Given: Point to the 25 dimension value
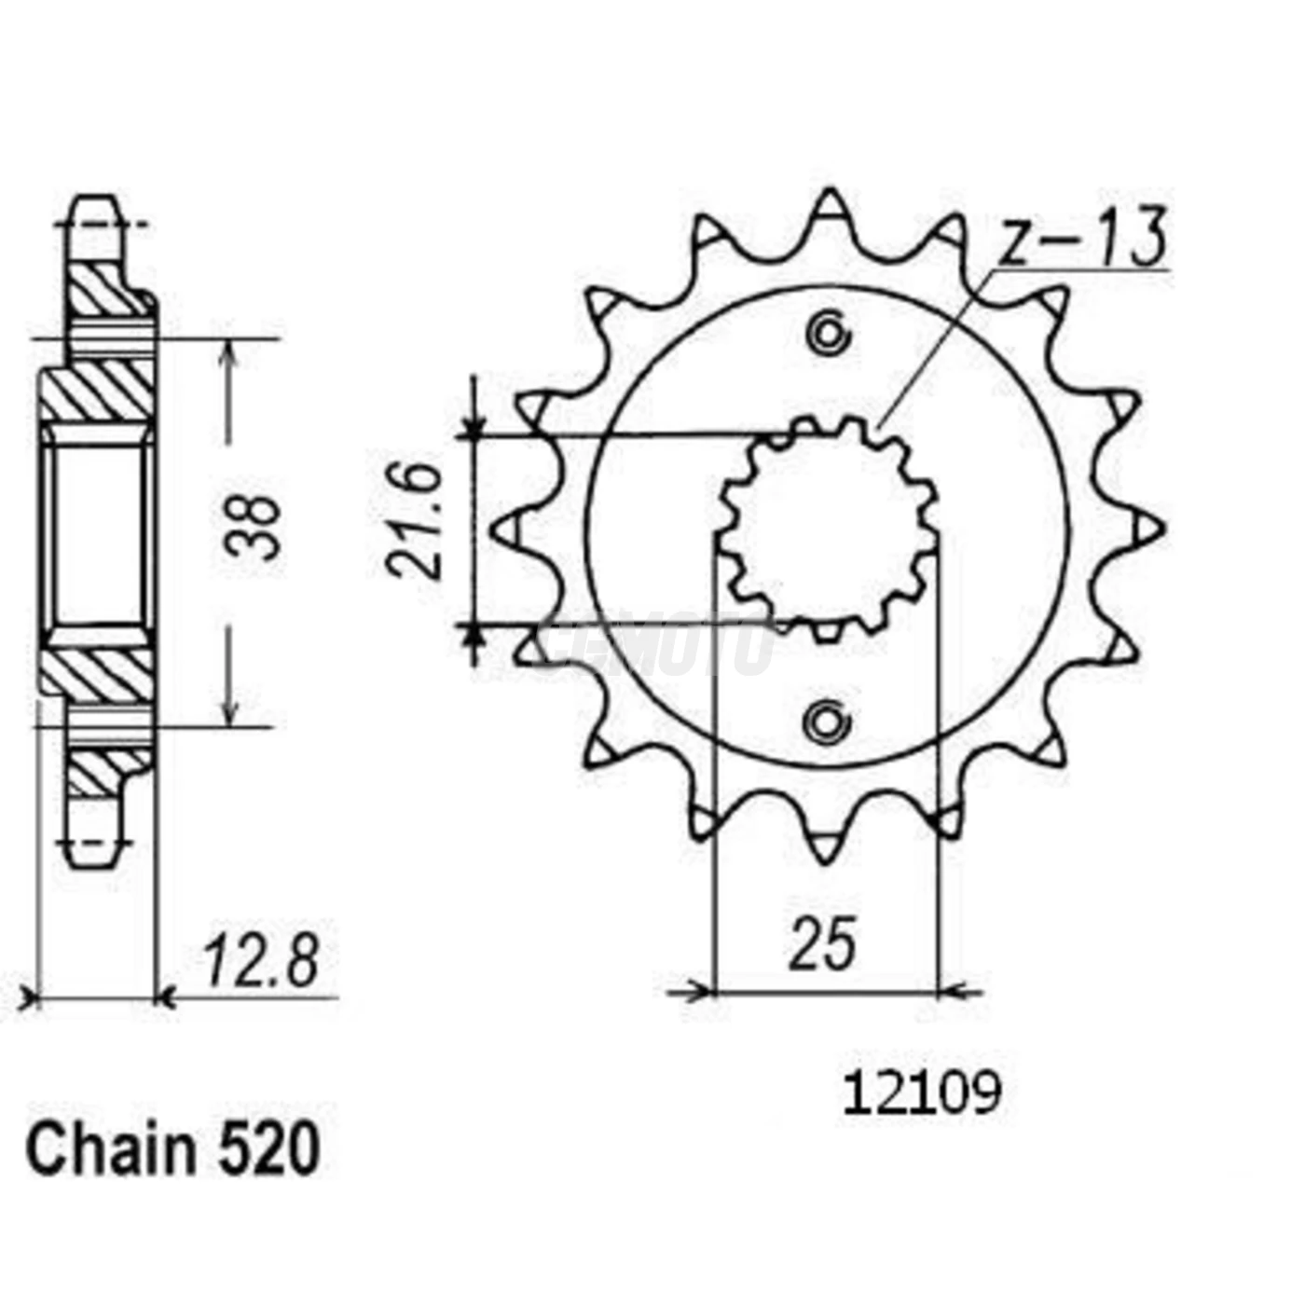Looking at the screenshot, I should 823,944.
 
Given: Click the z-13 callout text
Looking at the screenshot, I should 1081,238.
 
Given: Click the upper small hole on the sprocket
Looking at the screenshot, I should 828,333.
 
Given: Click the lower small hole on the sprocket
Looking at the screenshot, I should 827,721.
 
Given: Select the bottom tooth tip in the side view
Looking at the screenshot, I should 93,858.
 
